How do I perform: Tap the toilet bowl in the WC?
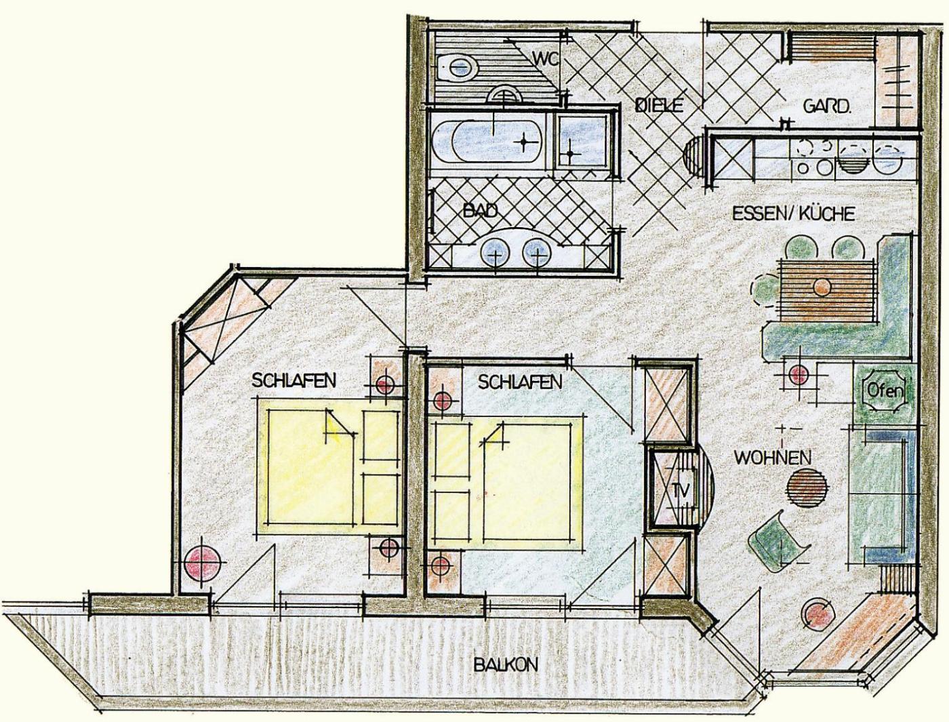[457, 68]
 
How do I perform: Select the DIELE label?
[660, 106]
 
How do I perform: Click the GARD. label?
[826, 106]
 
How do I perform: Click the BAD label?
[481, 211]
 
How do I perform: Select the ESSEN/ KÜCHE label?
[793, 214]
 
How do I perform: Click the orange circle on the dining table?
[822, 286]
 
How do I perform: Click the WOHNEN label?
[773, 458]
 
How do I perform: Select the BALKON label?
[505, 664]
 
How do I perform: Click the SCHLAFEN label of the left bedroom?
[294, 380]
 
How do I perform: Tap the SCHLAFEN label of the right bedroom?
[520, 382]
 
